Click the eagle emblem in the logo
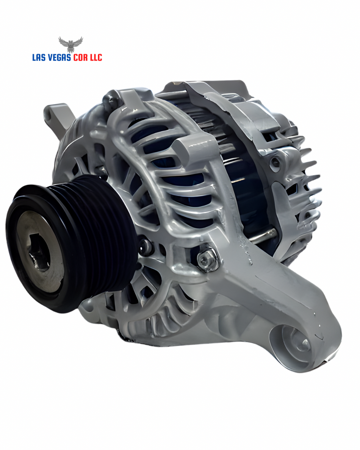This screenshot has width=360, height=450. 70,44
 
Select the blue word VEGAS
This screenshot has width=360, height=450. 61,58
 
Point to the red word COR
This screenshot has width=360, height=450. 81,58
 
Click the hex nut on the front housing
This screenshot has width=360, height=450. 208,259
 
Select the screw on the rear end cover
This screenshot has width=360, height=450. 275,163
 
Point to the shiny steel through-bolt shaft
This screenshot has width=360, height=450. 261,237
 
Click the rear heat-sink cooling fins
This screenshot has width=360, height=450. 309,178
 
